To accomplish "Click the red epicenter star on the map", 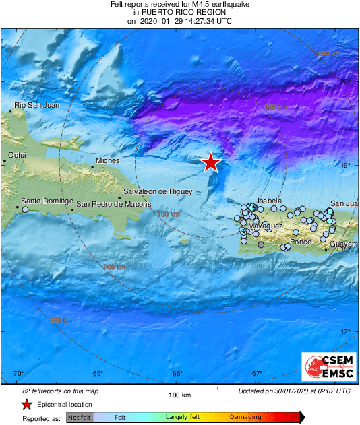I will click(x=211, y=162).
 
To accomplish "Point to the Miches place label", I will click(x=108, y=161).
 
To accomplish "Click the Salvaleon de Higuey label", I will click(x=155, y=191).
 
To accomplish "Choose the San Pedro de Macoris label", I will click(x=113, y=204).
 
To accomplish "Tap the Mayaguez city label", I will click(x=265, y=226).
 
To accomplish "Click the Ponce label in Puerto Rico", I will click(x=299, y=242).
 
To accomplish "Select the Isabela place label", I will click(x=270, y=201).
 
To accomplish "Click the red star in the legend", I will click(x=26, y=404).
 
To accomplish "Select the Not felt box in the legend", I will click(x=80, y=418).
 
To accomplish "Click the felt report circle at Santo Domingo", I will click(x=26, y=209).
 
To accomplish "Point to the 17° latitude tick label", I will click(x=345, y=331).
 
